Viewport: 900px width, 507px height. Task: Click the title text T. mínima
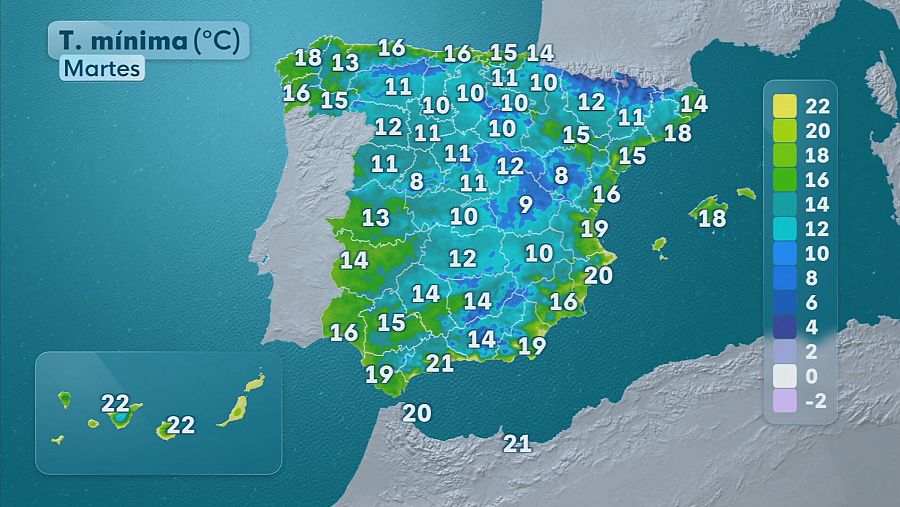click(x=122, y=41)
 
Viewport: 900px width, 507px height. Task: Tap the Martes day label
click(x=101, y=68)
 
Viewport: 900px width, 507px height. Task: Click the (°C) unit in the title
click(x=216, y=41)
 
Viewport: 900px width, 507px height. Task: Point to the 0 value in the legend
click(x=811, y=376)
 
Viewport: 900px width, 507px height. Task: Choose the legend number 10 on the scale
click(x=817, y=253)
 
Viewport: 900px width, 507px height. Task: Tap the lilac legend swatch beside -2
click(x=784, y=401)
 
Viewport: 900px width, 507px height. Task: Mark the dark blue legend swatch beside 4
click(x=784, y=327)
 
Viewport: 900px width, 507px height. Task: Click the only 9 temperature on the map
click(x=526, y=205)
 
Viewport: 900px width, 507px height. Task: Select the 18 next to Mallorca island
click(x=712, y=218)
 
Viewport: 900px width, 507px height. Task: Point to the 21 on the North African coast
click(x=517, y=443)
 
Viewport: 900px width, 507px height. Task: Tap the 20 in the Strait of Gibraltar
click(x=416, y=412)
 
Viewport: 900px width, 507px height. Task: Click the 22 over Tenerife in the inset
click(x=116, y=404)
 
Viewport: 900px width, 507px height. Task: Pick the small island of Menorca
click(x=746, y=192)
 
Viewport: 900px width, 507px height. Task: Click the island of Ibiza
click(x=659, y=243)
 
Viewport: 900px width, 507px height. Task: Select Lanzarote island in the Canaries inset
click(x=256, y=382)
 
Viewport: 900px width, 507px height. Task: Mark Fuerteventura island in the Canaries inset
click(x=236, y=408)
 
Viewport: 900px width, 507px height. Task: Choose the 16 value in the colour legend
click(x=817, y=179)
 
